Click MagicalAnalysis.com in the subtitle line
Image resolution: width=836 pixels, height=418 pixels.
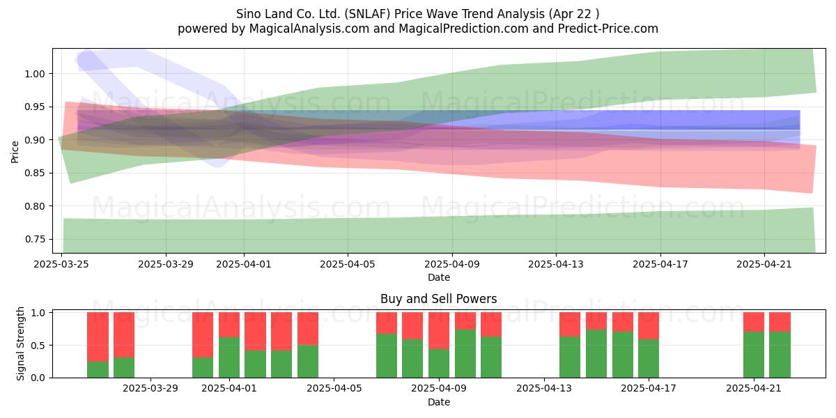point(309,29)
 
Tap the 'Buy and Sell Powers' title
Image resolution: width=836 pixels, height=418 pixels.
point(438,299)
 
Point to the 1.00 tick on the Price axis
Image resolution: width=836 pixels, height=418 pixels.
point(35,74)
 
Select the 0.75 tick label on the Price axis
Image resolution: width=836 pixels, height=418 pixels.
point(35,239)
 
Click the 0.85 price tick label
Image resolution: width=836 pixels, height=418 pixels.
point(35,173)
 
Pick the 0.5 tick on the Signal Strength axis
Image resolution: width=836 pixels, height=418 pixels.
point(38,346)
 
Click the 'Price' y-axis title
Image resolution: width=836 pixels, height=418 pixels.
point(15,152)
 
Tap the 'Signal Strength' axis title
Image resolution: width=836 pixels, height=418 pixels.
point(20,343)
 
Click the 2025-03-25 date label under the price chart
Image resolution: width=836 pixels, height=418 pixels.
point(61,264)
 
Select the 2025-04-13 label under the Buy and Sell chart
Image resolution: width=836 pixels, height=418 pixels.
point(544,389)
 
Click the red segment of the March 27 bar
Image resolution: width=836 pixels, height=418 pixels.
point(98,337)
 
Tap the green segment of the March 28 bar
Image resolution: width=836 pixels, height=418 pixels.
point(124,368)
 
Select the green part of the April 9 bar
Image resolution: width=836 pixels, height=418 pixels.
point(439,364)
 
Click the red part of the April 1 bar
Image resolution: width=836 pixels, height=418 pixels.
point(229,325)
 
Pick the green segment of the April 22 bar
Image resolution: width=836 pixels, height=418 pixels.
point(780,355)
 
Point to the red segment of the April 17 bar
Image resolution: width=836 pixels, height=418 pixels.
point(649,326)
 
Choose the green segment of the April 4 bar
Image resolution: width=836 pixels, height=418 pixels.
point(308,362)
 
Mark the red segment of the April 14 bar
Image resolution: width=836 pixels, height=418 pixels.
point(570,325)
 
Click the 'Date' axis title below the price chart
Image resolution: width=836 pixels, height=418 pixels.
point(438,278)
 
